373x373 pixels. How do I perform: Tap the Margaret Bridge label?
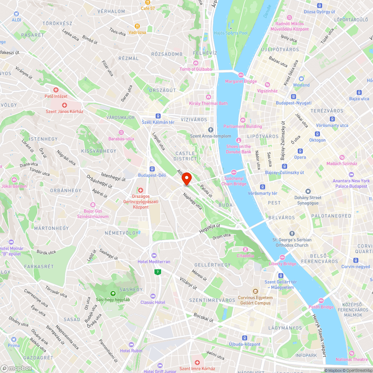(241, 81)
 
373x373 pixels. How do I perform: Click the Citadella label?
(245, 256)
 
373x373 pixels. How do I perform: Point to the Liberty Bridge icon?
(282, 257)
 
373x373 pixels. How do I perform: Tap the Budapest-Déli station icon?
(152, 169)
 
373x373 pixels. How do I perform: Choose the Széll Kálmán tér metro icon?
(158, 116)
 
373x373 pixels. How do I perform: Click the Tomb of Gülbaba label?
(195, 69)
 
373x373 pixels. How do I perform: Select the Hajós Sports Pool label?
(231, 33)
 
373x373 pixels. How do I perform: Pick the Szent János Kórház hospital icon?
(64, 105)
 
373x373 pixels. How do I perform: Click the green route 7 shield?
(158, 272)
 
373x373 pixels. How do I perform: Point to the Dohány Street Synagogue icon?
(308, 191)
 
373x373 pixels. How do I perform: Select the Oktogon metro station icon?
(317, 134)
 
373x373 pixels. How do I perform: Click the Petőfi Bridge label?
(321, 307)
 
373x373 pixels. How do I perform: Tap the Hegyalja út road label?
(210, 229)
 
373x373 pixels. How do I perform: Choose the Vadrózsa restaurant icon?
(138, 26)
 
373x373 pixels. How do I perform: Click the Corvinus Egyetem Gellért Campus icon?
(256, 291)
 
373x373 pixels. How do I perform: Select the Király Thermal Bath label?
(208, 103)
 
